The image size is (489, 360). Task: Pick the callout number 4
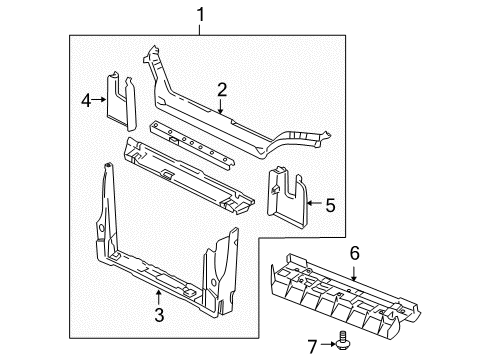[x=86, y=98]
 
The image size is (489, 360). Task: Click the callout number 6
[x=353, y=254]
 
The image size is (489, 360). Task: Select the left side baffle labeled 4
[x=125, y=100]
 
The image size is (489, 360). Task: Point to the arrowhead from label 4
[x=107, y=98]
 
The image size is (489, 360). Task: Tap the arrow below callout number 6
[x=353, y=270]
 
